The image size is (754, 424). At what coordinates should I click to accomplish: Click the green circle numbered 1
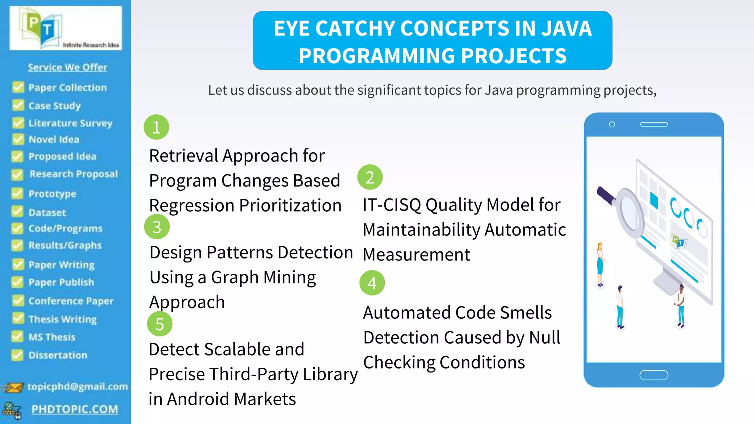click(156, 127)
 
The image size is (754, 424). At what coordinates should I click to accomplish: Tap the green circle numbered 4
click(372, 283)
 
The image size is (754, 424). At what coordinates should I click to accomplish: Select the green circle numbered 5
click(159, 324)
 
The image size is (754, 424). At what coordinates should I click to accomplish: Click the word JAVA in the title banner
click(566, 28)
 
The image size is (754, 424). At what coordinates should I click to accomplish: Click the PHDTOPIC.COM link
click(75, 409)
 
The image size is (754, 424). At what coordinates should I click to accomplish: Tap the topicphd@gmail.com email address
click(78, 386)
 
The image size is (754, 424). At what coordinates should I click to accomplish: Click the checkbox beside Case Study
click(18, 105)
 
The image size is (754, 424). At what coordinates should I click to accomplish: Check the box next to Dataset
click(18, 212)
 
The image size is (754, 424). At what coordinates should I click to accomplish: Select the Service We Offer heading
click(67, 67)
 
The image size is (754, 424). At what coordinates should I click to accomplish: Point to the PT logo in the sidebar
click(42, 28)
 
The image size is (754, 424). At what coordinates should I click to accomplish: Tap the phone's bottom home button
click(653, 375)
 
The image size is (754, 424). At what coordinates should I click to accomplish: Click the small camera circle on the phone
click(612, 124)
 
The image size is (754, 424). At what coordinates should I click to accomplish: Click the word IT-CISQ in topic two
click(392, 205)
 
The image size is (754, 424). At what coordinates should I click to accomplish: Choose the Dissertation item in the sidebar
click(58, 355)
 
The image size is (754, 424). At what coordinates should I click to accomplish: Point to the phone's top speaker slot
click(653, 124)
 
